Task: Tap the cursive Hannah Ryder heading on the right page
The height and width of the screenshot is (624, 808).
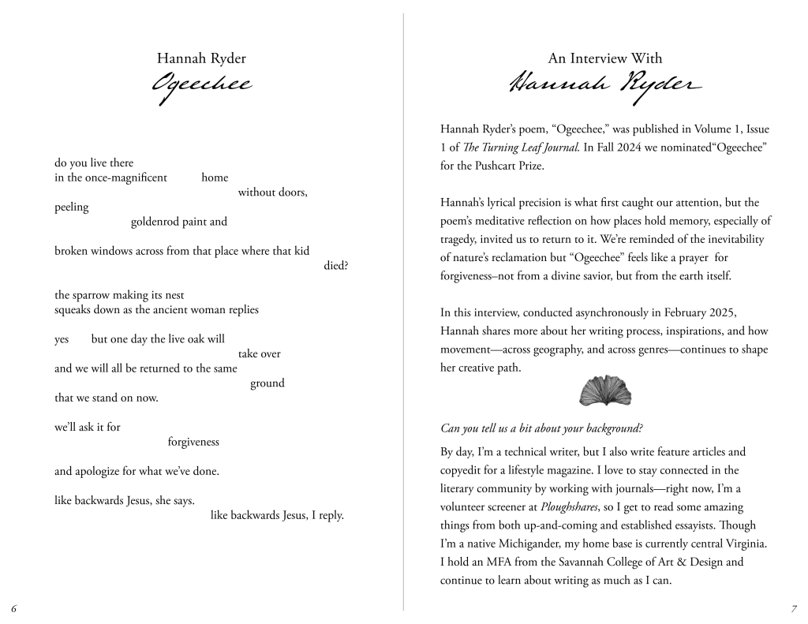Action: pos(604,84)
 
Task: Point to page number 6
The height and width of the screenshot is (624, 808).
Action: pos(14,608)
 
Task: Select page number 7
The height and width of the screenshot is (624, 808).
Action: pos(793,608)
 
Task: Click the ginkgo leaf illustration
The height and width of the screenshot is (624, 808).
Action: pos(605,390)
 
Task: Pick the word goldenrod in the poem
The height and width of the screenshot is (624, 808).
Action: pos(155,222)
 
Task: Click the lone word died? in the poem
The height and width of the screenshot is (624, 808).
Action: pos(335,265)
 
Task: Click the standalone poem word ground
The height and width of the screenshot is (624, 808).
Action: pos(267,383)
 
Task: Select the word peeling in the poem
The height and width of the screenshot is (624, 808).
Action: pos(72,207)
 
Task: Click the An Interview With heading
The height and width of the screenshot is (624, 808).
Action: pos(605,58)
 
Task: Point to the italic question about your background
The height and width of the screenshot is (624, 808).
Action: pos(541,428)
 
